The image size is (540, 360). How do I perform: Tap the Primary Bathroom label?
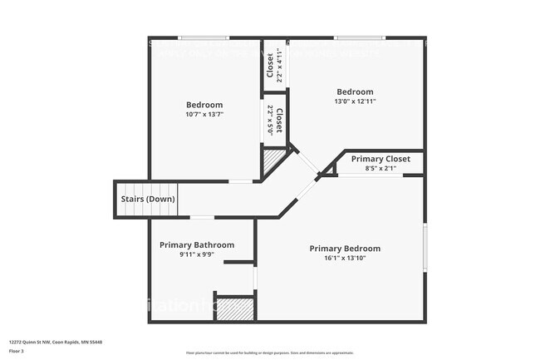point(197,245)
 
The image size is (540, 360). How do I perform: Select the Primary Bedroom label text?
point(345,249)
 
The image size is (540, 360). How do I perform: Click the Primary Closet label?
point(380,159)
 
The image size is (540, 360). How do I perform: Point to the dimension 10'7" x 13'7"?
point(204,115)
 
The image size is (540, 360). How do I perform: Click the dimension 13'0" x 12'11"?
point(355,101)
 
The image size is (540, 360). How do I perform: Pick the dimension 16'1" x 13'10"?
point(345,259)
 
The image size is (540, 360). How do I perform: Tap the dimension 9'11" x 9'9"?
point(197,255)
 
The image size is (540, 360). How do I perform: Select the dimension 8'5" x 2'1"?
point(380,169)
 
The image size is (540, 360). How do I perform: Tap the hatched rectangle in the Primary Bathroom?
point(233,308)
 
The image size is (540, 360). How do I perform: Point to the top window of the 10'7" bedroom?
point(204,37)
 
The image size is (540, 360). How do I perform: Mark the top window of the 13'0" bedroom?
point(359,37)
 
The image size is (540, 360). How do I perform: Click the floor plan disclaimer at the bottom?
point(269,353)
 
